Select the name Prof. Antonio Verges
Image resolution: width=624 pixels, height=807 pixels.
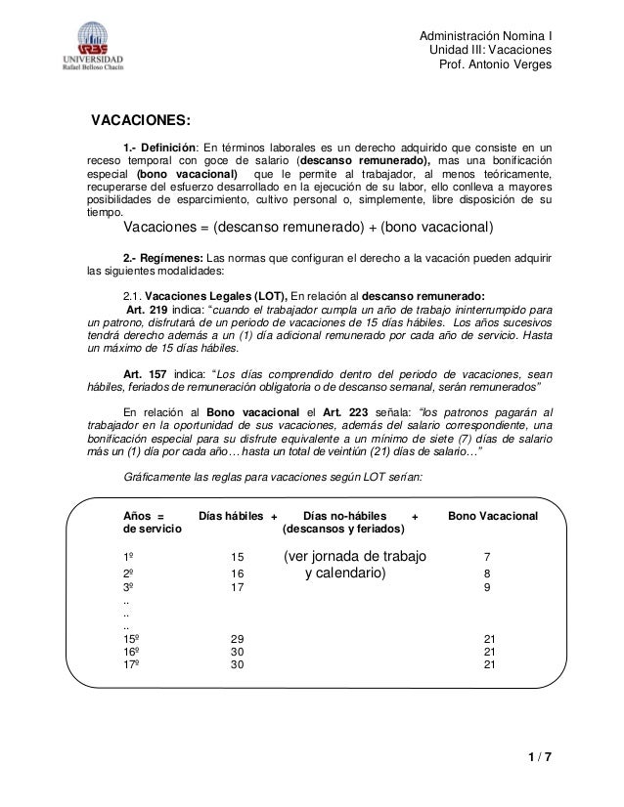(x=499, y=64)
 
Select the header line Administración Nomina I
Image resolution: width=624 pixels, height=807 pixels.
(x=485, y=33)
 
